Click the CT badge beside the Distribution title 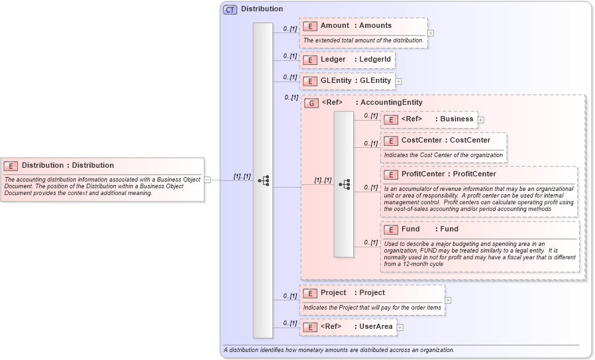click(230, 9)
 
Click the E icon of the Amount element click(309, 26)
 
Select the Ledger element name click(333, 60)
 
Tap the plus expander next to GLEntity click(399, 82)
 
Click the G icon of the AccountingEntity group click(311, 103)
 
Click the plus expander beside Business click(481, 120)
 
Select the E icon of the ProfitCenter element click(391, 174)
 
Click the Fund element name click(411, 229)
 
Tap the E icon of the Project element click(309, 293)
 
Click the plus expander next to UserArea click(400, 328)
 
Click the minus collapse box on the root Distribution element click(207, 179)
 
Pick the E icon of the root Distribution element click(11, 166)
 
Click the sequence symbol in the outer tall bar click(263, 180)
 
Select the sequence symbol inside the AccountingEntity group click(344, 184)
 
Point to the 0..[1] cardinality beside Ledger click(290, 56)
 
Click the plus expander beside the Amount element click(431, 32)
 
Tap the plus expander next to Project click(448, 300)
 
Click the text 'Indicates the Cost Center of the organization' click(443, 155)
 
